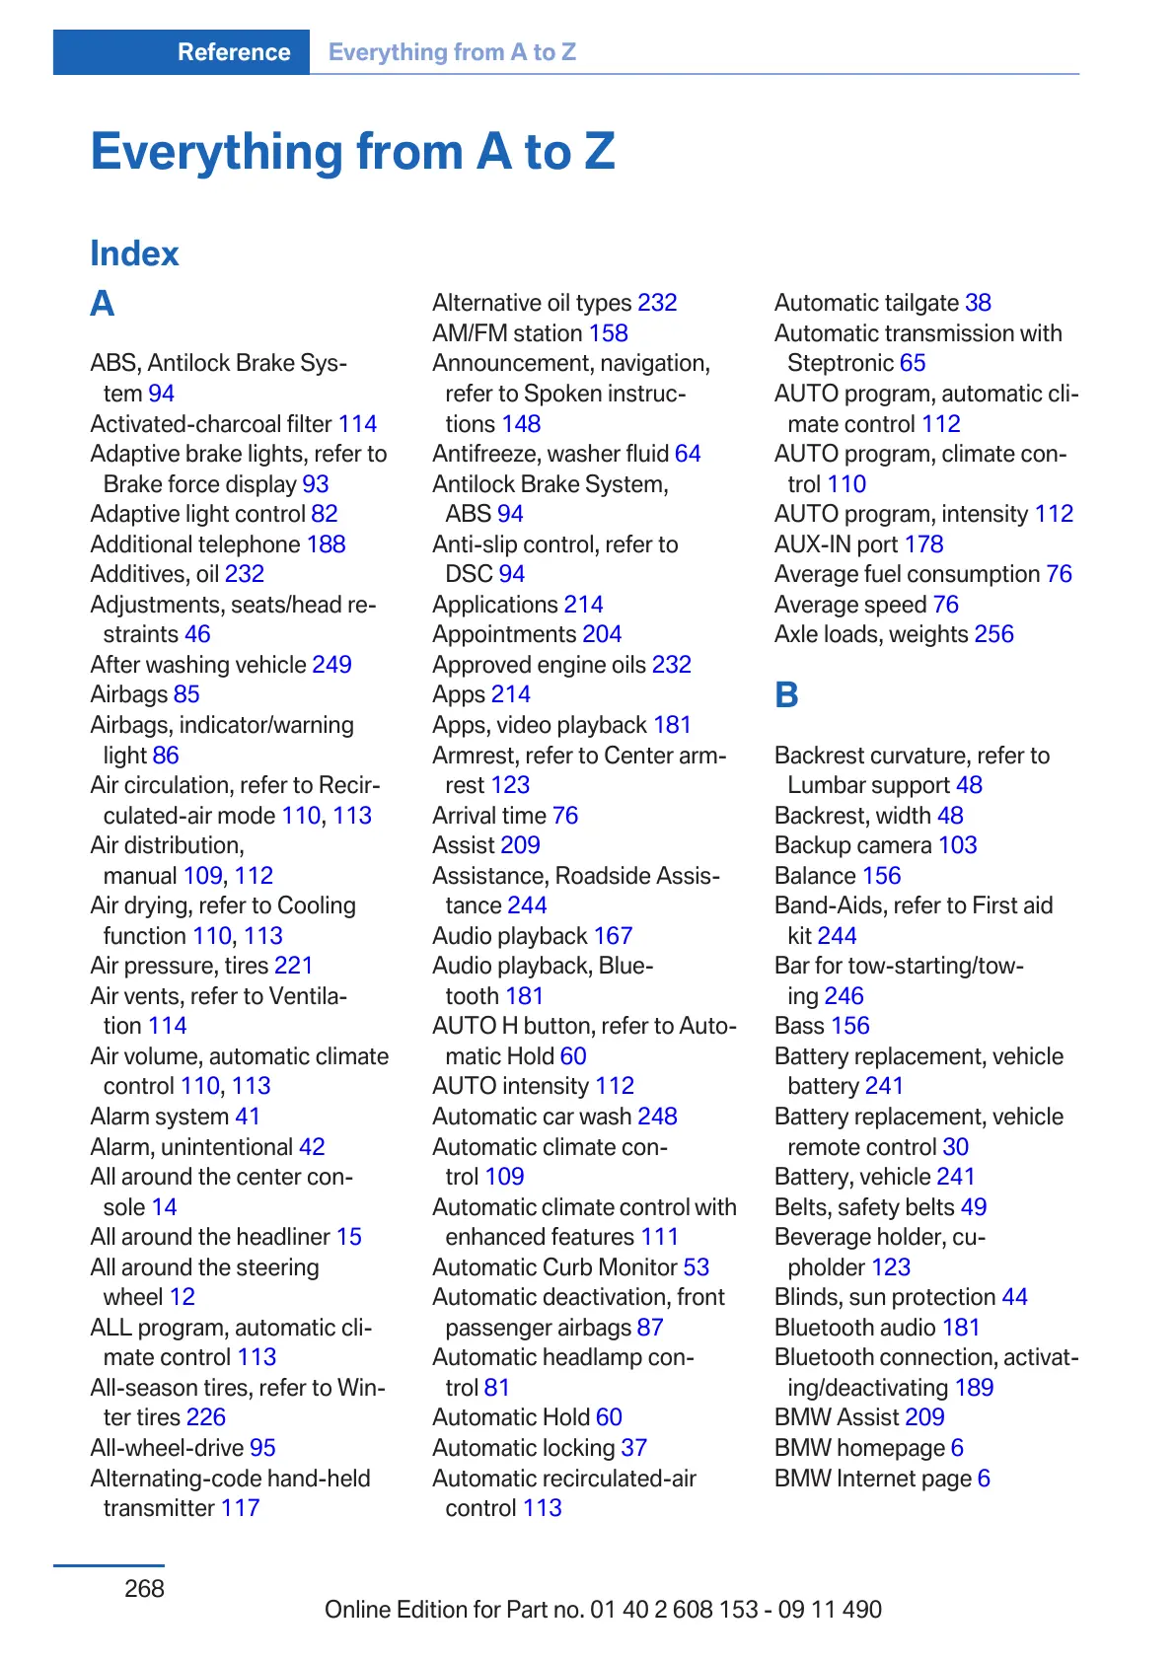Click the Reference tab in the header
click(234, 52)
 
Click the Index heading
click(134, 253)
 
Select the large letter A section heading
click(103, 304)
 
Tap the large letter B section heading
click(786, 695)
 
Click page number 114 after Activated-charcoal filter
click(357, 424)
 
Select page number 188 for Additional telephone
click(326, 544)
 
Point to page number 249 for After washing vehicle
click(331, 665)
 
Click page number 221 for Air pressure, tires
click(293, 966)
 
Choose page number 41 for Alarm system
click(248, 1117)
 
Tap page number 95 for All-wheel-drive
click(262, 1448)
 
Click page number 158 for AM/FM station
click(608, 333)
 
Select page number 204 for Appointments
click(602, 634)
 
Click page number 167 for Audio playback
click(613, 936)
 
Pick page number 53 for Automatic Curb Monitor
click(696, 1267)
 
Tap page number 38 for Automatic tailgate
click(978, 303)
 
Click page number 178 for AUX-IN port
click(923, 544)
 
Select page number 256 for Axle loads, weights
click(993, 634)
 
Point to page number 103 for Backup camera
click(957, 845)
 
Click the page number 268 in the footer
click(144, 1588)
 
